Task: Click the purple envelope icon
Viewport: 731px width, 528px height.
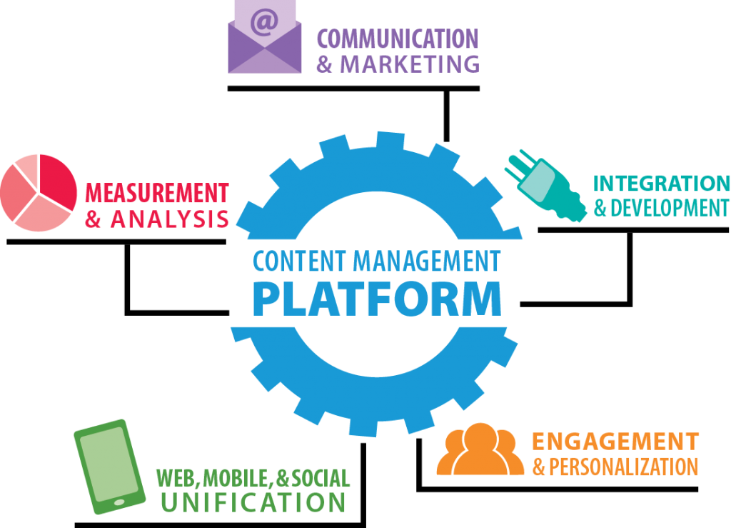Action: point(264,43)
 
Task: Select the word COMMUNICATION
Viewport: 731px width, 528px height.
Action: point(397,39)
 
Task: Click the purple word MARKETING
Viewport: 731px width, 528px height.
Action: point(410,64)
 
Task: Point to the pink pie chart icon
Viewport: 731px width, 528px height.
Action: point(38,193)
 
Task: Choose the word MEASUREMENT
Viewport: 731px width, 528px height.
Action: point(157,193)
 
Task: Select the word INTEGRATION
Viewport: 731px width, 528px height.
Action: point(662,184)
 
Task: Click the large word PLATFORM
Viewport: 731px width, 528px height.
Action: point(377,299)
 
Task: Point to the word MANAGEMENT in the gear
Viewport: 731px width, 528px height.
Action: point(428,262)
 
